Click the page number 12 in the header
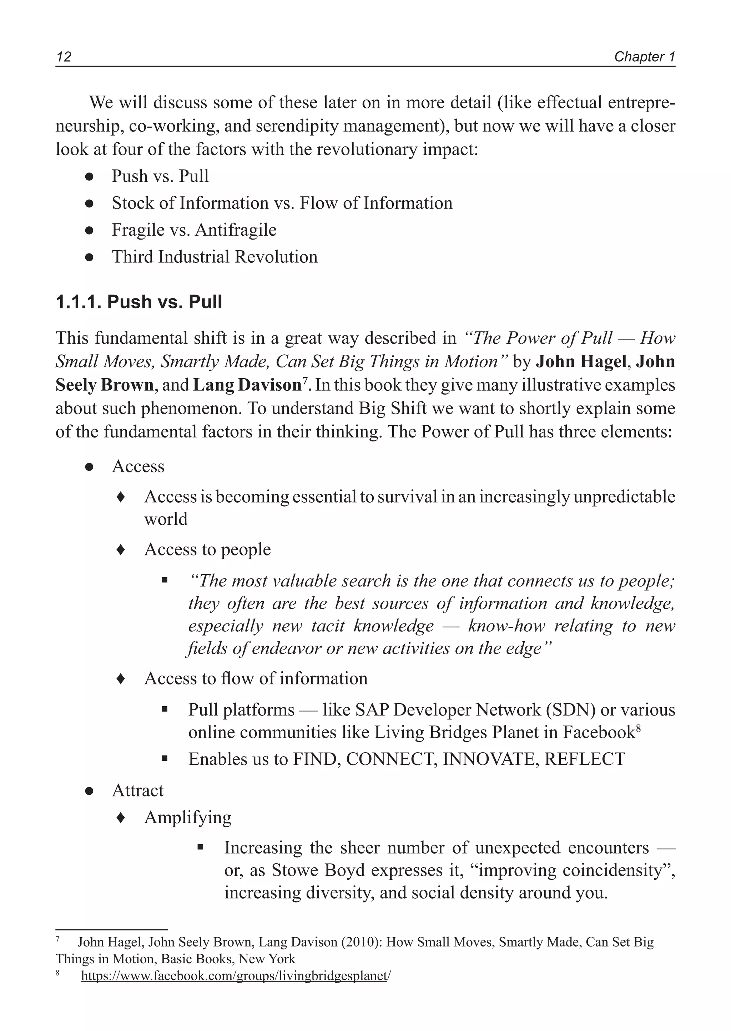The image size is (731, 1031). pyautogui.click(x=64, y=57)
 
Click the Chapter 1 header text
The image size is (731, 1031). pyautogui.click(x=644, y=57)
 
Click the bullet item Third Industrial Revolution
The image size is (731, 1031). pyautogui.click(x=215, y=257)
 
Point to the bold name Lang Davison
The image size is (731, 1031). pyautogui.click(x=247, y=385)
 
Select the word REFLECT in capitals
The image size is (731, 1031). pyautogui.click(x=585, y=759)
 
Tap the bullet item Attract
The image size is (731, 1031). pyautogui.click(x=138, y=790)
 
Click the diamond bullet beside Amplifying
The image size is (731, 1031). pyautogui.click(x=120, y=817)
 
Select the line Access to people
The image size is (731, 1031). pyautogui.click(x=207, y=549)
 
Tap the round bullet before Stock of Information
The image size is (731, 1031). pyautogui.click(x=89, y=204)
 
